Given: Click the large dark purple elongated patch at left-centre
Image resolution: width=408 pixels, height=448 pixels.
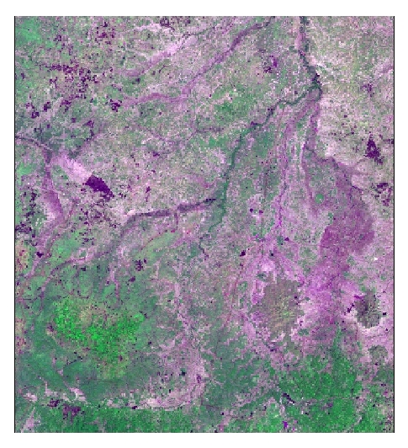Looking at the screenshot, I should [x=98, y=186].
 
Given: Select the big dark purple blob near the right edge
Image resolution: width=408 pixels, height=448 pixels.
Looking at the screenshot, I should [x=373, y=149].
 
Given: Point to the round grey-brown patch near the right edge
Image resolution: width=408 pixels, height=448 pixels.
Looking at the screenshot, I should [x=368, y=311].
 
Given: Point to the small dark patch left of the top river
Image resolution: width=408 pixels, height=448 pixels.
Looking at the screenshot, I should [x=269, y=63].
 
